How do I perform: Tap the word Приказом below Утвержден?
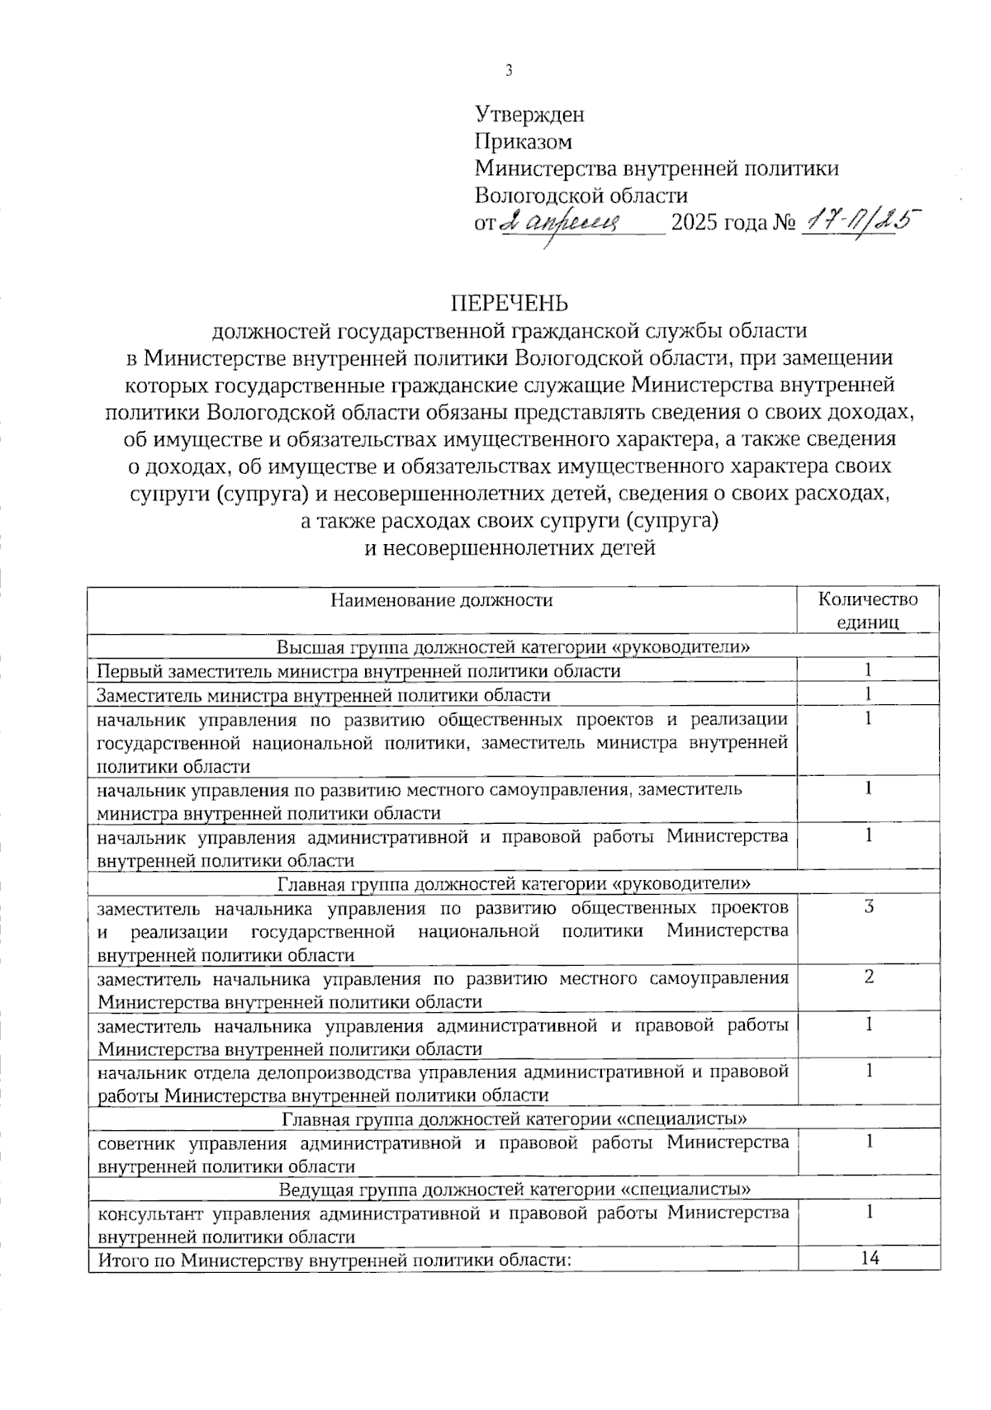pos(524,141)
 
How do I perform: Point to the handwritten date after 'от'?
pos(573,221)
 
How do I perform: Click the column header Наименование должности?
pos(442,600)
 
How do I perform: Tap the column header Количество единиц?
pos(867,610)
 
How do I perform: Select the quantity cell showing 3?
pos(868,906)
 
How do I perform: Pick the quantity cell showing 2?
pos(868,977)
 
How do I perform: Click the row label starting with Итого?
pos(334,1260)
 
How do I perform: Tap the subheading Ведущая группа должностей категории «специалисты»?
pos(514,1190)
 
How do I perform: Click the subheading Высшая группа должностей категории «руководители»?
pos(513,646)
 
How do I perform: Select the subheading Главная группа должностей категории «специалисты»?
pos(514,1119)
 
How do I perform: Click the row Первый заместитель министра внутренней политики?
pos(358,670)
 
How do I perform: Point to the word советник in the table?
pos(134,1143)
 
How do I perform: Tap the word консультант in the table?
pos(149,1214)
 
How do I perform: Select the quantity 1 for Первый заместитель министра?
pos(868,670)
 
